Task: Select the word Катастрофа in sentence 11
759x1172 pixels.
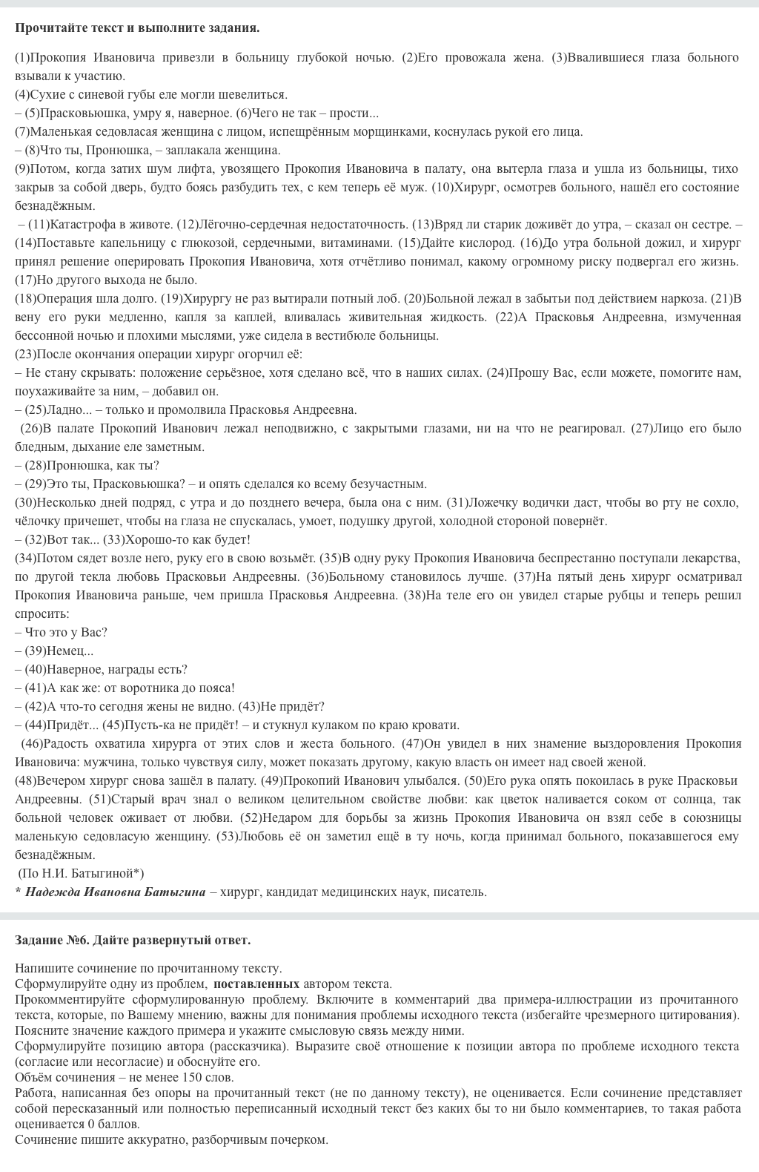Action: (78, 225)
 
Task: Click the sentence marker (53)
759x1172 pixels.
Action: (227, 837)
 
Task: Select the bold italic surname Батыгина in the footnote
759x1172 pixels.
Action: (176, 892)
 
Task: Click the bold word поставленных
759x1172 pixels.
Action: (256, 984)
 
